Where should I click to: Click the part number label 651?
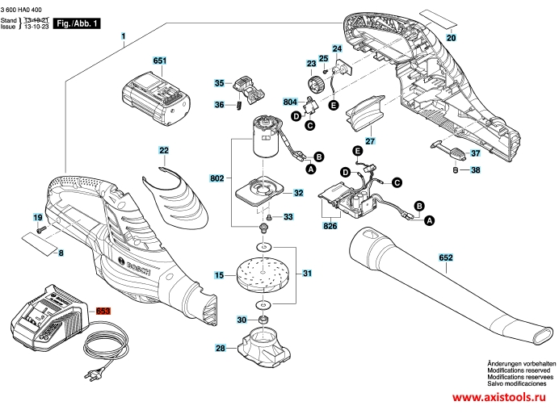[x=159, y=61]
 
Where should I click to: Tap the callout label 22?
[x=164, y=150]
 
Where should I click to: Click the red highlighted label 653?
[x=103, y=312]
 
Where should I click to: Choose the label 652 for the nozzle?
[x=445, y=257]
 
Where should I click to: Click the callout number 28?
[x=219, y=349]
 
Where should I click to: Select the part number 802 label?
[x=216, y=178]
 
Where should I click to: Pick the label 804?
[x=290, y=102]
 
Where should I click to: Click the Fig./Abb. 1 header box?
[x=82, y=24]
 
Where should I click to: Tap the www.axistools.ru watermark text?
[x=498, y=399]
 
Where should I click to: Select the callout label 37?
[x=475, y=153]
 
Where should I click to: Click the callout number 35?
[x=219, y=83]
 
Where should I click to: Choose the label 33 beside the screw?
[x=288, y=217]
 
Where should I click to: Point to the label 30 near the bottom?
[x=241, y=320]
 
